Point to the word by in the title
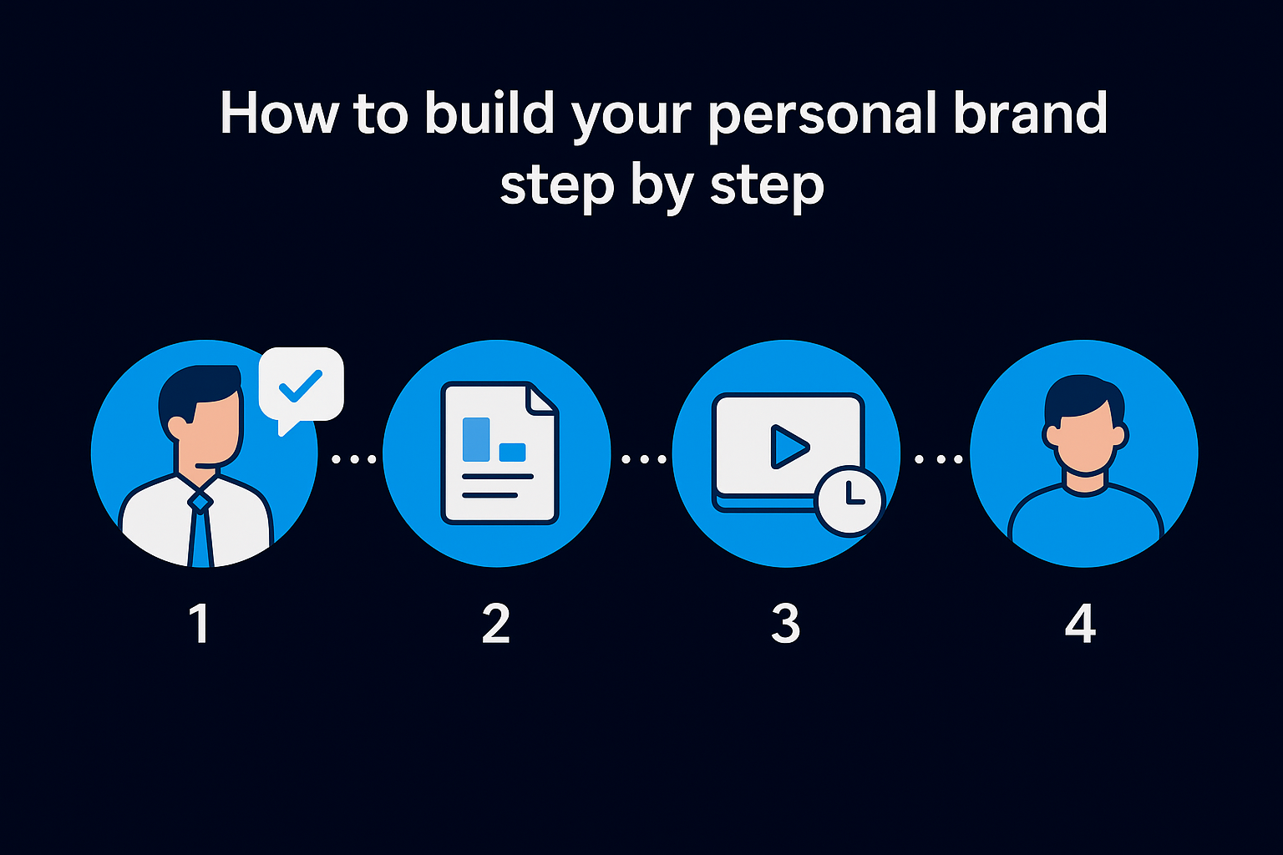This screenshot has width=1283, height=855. [661, 185]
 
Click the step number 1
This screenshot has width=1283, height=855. [200, 624]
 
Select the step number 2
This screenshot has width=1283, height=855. [495, 624]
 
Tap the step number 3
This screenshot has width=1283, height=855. [785, 624]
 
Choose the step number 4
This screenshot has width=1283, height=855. [1080, 624]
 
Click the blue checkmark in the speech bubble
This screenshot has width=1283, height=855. [300, 385]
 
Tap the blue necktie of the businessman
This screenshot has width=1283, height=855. [200, 529]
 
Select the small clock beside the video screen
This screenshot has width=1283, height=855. [849, 499]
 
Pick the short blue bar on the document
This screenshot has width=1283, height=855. [512, 452]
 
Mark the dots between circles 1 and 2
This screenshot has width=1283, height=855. [354, 458]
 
